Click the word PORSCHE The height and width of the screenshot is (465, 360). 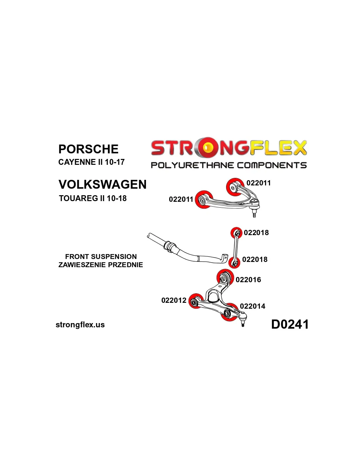[x=88, y=149]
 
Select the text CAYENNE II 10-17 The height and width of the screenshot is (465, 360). [x=91, y=162]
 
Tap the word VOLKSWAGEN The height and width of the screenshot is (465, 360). [x=102, y=184]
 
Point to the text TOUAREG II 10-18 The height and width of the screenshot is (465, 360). [x=93, y=198]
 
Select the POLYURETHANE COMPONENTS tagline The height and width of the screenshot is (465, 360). [x=228, y=165]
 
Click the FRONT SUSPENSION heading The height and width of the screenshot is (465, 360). [x=101, y=257]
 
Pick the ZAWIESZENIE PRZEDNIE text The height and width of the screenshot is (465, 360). [x=101, y=265]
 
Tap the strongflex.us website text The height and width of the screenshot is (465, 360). [x=80, y=325]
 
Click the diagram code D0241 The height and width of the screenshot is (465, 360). [x=290, y=324]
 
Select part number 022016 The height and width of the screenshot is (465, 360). [x=248, y=280]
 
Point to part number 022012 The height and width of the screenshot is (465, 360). [x=174, y=300]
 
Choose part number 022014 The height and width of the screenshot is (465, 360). [x=253, y=306]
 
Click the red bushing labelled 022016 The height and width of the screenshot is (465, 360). [x=225, y=278]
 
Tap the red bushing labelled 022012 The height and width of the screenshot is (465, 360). [x=195, y=301]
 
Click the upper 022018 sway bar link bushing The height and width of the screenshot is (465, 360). [x=236, y=233]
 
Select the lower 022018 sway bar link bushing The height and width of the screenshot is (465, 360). [x=234, y=262]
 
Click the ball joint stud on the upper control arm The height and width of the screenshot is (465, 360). [x=254, y=214]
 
